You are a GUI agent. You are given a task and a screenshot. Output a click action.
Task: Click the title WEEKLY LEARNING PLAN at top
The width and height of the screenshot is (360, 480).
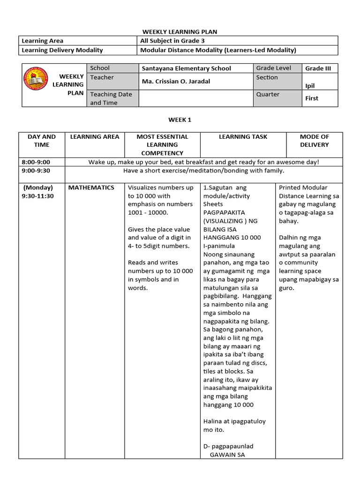pyautogui.click(x=180, y=31)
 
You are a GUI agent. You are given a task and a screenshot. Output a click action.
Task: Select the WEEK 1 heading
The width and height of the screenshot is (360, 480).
pyautogui.click(x=180, y=120)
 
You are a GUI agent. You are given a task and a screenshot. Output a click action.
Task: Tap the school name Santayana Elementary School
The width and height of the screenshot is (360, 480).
pyautogui.click(x=186, y=68)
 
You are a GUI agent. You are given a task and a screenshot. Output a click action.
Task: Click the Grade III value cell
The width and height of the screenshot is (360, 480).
pyautogui.click(x=318, y=68)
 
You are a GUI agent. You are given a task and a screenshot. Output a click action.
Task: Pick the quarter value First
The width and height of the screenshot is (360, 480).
pyautogui.click(x=312, y=98)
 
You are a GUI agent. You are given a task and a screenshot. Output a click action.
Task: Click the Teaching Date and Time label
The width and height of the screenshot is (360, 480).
pyautogui.click(x=111, y=98)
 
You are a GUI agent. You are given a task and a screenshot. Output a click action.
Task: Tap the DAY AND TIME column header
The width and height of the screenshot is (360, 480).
pyautogui.click(x=41, y=141)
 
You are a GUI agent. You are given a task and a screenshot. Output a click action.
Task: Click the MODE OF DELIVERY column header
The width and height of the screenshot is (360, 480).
pyautogui.click(x=314, y=141)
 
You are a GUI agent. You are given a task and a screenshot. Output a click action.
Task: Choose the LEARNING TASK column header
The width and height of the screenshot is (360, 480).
pyautogui.click(x=243, y=137)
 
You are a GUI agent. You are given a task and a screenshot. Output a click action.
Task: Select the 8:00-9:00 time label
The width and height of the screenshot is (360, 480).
pyautogui.click(x=35, y=162)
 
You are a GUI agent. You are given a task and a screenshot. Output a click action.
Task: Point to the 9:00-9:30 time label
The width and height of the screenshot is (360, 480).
pyautogui.click(x=35, y=171)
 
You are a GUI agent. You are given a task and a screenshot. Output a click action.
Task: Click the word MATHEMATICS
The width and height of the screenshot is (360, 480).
pyautogui.click(x=91, y=187)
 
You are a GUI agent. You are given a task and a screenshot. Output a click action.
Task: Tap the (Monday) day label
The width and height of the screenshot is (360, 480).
pyautogui.click(x=37, y=187)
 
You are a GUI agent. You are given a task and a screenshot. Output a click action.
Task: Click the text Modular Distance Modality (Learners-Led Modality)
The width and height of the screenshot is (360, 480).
pyautogui.click(x=218, y=50)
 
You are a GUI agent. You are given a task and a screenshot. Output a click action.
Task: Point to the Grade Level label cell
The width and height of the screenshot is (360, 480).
pyautogui.click(x=273, y=68)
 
